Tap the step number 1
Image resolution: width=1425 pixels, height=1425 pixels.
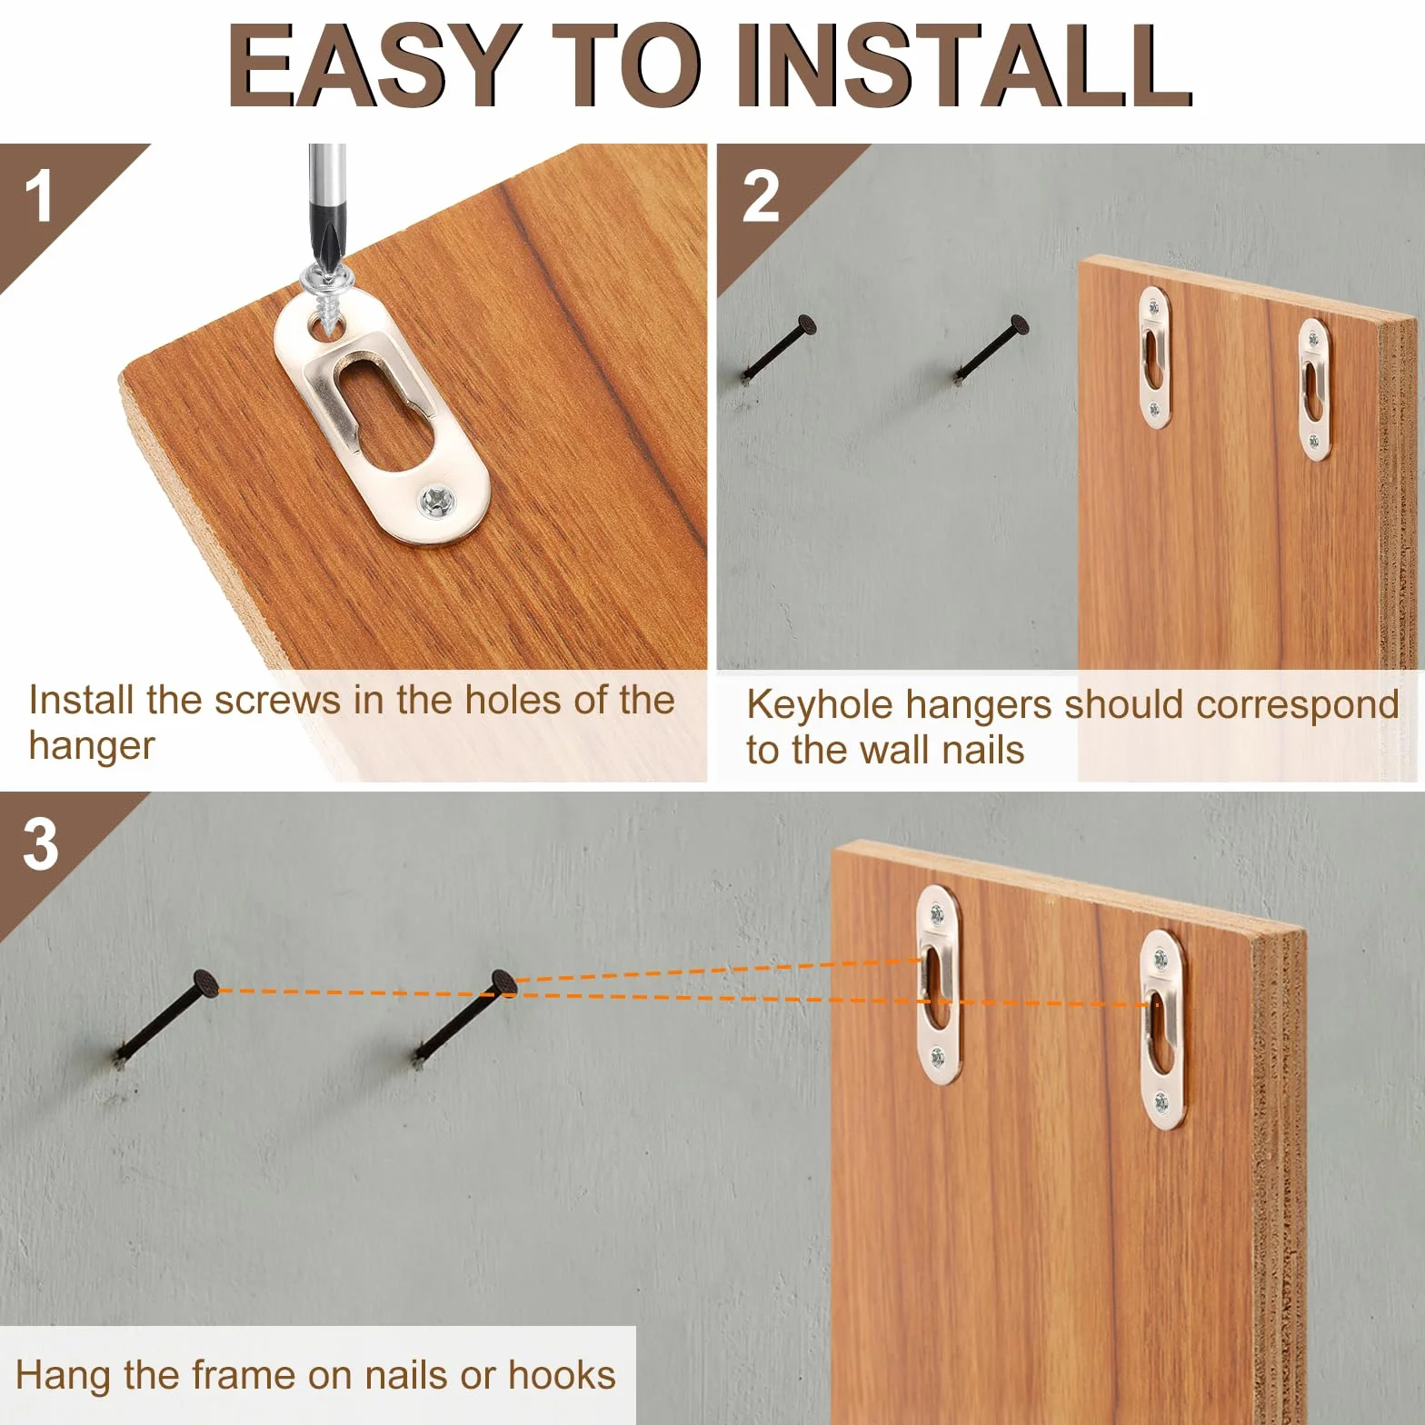click(38, 197)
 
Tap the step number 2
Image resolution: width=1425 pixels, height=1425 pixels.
click(760, 197)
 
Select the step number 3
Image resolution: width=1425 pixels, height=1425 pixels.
click(40, 844)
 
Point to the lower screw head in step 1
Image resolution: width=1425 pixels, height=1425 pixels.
click(437, 501)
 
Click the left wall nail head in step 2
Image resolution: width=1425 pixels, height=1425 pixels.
click(805, 325)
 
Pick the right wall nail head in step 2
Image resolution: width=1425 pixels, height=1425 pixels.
click(1020, 324)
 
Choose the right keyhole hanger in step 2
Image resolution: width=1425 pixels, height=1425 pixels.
click(1314, 389)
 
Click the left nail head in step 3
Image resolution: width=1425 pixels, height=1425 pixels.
click(205, 984)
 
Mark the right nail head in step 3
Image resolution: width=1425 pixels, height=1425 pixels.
click(504, 983)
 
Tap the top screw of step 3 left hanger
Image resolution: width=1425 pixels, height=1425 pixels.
click(935, 909)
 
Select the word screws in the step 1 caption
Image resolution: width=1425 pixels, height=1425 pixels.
click(277, 701)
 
